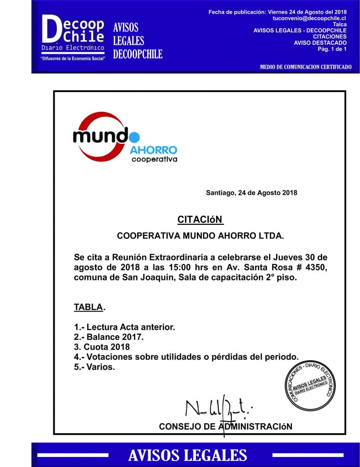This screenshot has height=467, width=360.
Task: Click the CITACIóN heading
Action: (200, 219)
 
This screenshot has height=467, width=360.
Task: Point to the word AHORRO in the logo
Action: (153, 150)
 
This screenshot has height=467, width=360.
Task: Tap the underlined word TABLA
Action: (88, 307)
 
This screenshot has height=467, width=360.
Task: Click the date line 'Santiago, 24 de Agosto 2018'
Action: (252, 192)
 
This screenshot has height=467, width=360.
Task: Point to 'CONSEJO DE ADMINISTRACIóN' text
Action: (225, 427)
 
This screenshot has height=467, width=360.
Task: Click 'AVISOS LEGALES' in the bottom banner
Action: (187, 455)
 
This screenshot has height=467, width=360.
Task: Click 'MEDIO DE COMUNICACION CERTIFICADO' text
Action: (305, 67)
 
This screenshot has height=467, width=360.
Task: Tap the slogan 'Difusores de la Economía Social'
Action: (73, 59)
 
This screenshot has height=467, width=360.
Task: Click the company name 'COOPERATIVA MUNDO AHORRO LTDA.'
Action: (200, 236)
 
